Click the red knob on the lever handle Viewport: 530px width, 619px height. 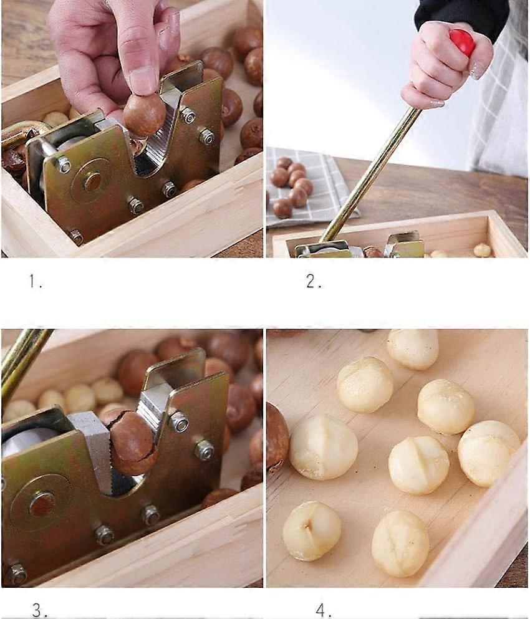click(x=462, y=42)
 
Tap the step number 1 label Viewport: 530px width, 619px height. click(x=36, y=282)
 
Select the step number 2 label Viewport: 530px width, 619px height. click(x=314, y=282)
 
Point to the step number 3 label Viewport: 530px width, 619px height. click(x=39, y=610)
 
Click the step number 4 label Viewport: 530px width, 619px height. click(x=324, y=610)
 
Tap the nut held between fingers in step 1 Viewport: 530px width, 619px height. click(x=144, y=114)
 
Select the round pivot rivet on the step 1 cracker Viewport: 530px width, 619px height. click(x=92, y=181)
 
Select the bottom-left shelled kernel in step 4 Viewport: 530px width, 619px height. click(x=311, y=530)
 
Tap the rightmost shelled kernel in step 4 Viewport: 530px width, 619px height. click(x=488, y=453)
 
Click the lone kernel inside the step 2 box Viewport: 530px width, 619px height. click(x=481, y=250)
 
